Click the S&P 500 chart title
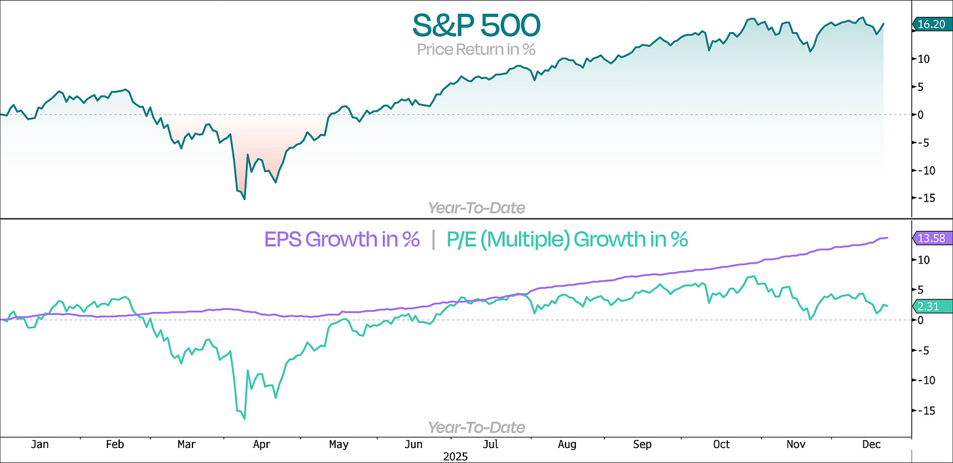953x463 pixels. (476, 26)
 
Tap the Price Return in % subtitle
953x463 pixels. (476, 49)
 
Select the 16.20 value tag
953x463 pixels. (931, 25)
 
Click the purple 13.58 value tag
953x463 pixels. (931, 238)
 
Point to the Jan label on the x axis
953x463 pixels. (40, 445)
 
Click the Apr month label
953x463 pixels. (262, 445)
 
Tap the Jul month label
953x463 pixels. (488, 445)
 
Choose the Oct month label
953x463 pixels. (721, 445)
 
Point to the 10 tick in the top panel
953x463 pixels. (922, 59)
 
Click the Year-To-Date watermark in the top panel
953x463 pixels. (476, 208)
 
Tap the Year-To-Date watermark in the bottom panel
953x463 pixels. (476, 427)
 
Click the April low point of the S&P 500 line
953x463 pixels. (245, 199)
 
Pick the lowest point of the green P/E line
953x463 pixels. (244, 419)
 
